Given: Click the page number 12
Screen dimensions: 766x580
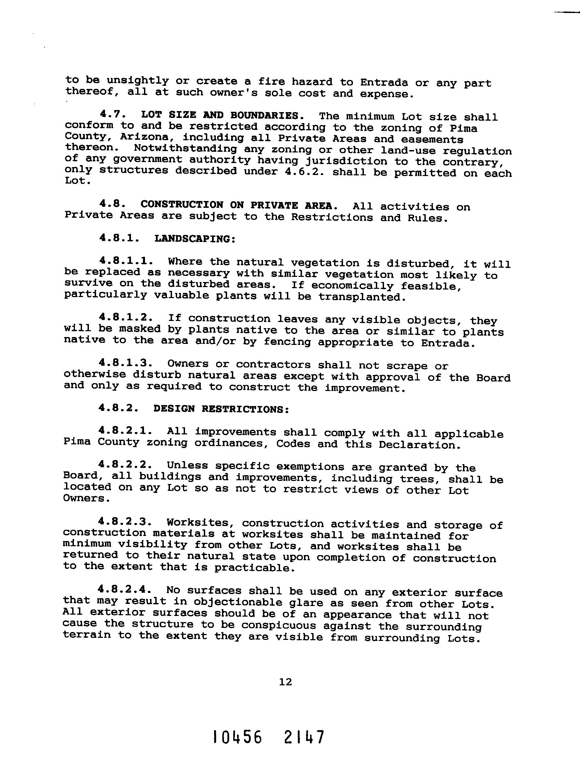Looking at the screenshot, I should (286, 682).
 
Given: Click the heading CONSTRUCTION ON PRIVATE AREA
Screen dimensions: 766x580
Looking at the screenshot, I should (239, 205).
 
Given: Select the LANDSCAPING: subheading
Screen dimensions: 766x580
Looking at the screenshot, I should (195, 239).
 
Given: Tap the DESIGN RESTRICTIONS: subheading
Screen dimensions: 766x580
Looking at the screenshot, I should (221, 409).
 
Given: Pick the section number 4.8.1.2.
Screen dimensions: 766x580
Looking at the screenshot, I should (126, 317).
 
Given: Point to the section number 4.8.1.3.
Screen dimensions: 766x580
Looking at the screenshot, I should (126, 363).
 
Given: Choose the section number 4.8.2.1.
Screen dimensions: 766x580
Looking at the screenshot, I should (126, 431).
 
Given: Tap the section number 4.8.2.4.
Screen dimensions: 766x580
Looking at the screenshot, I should (126, 589).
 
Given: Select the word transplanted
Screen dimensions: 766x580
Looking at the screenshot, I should (362, 297).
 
